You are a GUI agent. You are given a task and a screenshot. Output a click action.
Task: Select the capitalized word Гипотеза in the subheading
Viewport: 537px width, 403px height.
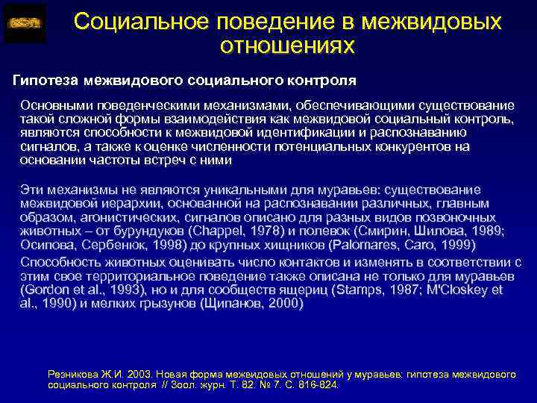click(x=46, y=79)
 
